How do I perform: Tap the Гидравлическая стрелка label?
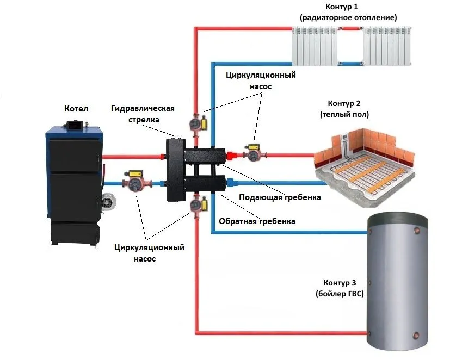(143, 113)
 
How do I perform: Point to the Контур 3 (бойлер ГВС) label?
(340, 288)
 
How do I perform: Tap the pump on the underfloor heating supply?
(254, 152)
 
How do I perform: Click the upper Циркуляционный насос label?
(261, 80)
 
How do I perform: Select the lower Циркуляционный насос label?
(149, 253)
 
